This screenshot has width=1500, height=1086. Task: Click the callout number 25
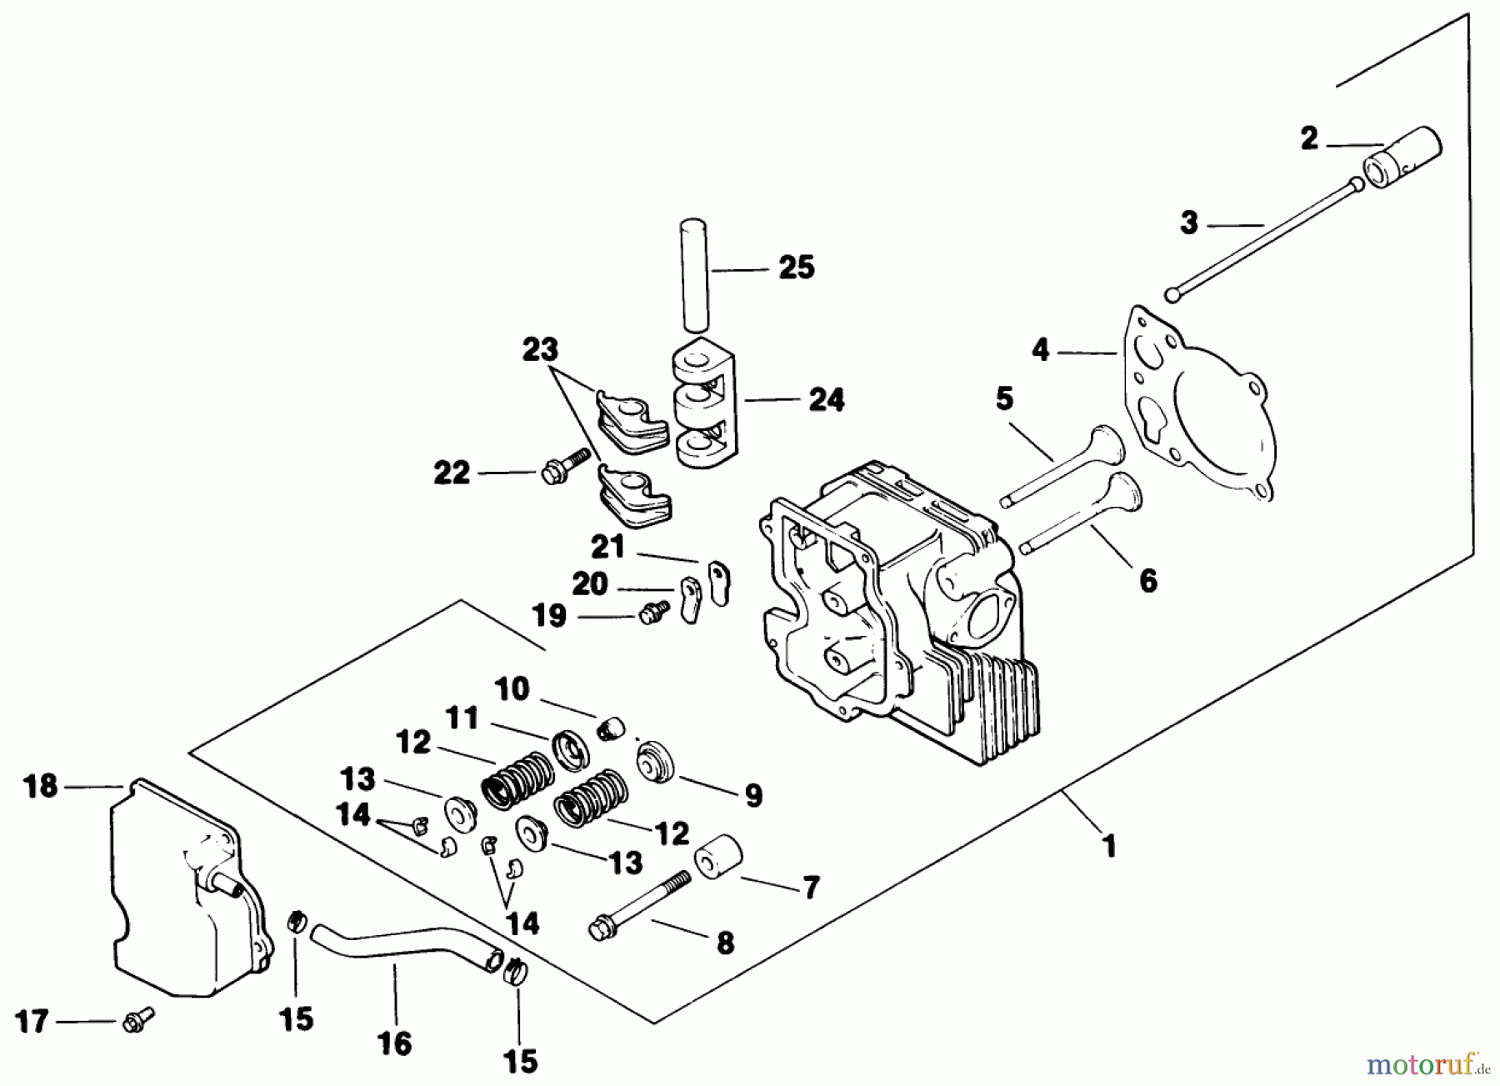pos(796,268)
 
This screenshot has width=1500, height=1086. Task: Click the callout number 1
pos(1108,847)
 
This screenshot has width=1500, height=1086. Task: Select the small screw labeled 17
pos(137,1018)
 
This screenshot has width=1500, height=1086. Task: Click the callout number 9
pos(752,795)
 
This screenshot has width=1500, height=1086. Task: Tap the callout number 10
pos(511,689)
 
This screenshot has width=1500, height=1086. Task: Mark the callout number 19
pos(549,616)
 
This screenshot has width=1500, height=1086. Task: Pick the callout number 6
pos(1147,580)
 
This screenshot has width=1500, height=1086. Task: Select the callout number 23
pos(540,349)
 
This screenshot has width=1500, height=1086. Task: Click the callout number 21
pos(607,548)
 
